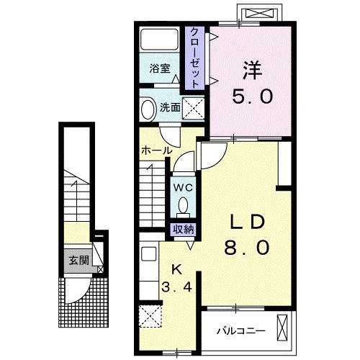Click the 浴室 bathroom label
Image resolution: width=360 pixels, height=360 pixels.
[x=160, y=68]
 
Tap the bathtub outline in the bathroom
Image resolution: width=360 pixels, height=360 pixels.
[x=159, y=30]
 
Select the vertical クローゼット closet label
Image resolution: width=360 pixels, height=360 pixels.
[x=194, y=58]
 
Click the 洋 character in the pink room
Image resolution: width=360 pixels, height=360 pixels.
[x=252, y=70]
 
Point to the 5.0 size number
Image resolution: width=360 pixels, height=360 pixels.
[x=252, y=96]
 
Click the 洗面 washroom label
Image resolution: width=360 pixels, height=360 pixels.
[x=170, y=108]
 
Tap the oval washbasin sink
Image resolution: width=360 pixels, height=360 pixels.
[x=148, y=109]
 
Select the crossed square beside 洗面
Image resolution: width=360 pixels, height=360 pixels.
[x=193, y=109]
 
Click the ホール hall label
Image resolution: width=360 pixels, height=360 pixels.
[x=157, y=150]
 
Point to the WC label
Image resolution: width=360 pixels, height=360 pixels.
[x=183, y=188]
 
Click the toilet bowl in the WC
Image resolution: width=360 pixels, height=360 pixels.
[x=184, y=205]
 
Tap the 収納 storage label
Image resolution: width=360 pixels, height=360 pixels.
[x=184, y=230]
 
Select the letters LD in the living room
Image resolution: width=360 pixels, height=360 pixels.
[x=247, y=221]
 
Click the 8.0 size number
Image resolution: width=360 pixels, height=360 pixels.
[x=247, y=248]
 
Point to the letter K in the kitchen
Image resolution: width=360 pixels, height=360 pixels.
[x=177, y=271]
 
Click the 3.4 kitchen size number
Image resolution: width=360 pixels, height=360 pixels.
[x=177, y=287]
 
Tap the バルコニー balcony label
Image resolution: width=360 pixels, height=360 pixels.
[x=241, y=331]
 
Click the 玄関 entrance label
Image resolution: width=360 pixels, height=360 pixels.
[x=79, y=261]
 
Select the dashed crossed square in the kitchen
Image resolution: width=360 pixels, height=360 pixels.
[x=150, y=316]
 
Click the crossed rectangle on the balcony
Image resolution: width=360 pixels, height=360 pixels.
[x=282, y=328]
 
